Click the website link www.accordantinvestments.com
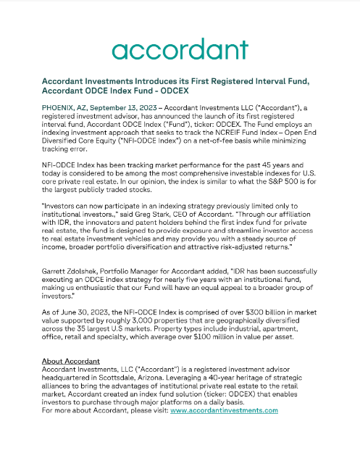(x=225, y=411)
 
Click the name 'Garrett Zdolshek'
(x=70, y=269)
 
